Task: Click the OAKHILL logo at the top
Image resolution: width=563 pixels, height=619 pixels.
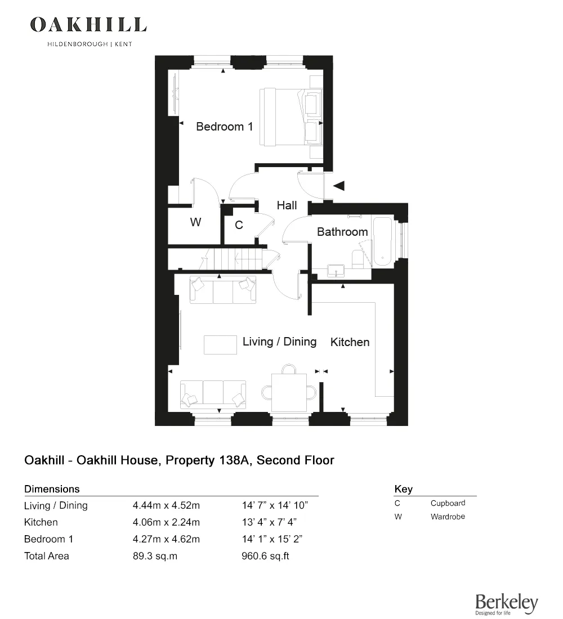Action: (x=88, y=25)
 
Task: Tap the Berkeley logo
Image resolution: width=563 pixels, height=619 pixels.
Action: (x=506, y=604)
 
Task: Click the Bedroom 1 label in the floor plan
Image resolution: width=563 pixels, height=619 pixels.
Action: (x=224, y=127)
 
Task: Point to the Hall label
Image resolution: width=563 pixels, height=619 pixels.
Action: (x=287, y=205)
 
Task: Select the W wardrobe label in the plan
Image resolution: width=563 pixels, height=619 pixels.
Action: (x=195, y=223)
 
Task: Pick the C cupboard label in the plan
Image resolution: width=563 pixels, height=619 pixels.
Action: (x=239, y=225)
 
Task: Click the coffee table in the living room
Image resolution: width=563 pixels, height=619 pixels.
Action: (x=220, y=344)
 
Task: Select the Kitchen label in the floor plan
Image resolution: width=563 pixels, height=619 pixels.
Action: (x=350, y=342)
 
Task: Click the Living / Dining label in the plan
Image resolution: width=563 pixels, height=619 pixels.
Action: (x=279, y=342)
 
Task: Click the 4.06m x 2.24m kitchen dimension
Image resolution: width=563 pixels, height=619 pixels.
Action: (x=166, y=522)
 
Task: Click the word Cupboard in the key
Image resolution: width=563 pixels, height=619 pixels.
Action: (x=448, y=503)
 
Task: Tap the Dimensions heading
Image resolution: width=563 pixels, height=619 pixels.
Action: (x=52, y=489)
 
